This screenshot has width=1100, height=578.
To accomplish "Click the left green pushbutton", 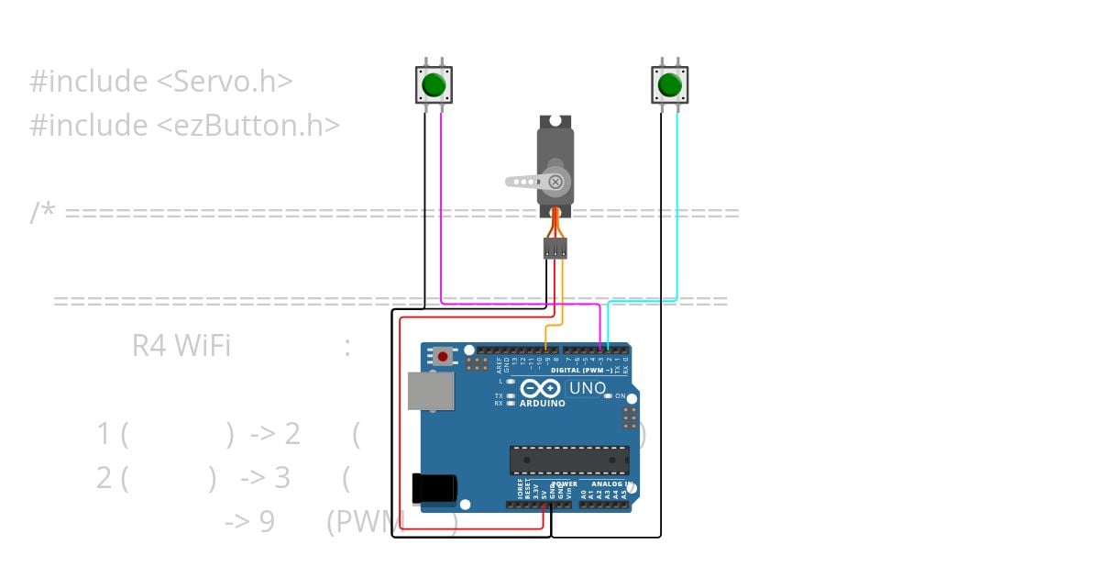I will [x=434, y=85].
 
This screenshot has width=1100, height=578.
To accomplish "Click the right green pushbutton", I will [x=669, y=85].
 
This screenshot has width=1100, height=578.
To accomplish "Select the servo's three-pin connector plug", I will [x=555, y=248].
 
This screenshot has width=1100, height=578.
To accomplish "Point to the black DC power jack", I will [x=434, y=488].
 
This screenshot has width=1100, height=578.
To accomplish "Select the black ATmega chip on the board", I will [x=569, y=460].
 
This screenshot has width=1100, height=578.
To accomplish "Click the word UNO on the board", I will [x=587, y=388].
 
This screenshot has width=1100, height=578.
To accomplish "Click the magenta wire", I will [x=442, y=211].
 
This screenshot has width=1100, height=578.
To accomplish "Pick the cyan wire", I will [x=677, y=211].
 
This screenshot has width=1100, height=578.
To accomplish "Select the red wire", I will [x=401, y=422].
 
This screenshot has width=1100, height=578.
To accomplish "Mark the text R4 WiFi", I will [x=181, y=346].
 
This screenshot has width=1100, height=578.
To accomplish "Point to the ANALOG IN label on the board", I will [x=611, y=484].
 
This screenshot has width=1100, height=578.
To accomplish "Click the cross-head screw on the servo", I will [x=555, y=182].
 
